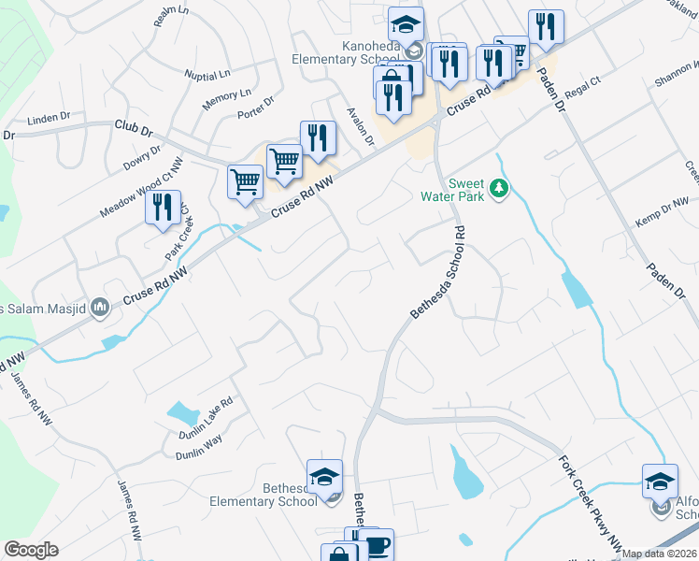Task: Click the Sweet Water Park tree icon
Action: [500, 190]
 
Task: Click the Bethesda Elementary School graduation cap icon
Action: [324, 478]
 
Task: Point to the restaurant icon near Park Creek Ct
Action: [163, 207]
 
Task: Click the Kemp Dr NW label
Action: [661, 214]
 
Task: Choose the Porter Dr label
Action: [255, 108]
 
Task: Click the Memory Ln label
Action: [227, 96]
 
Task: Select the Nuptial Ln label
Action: [207, 75]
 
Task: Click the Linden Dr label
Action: [50, 118]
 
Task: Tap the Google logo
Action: [31, 550]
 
